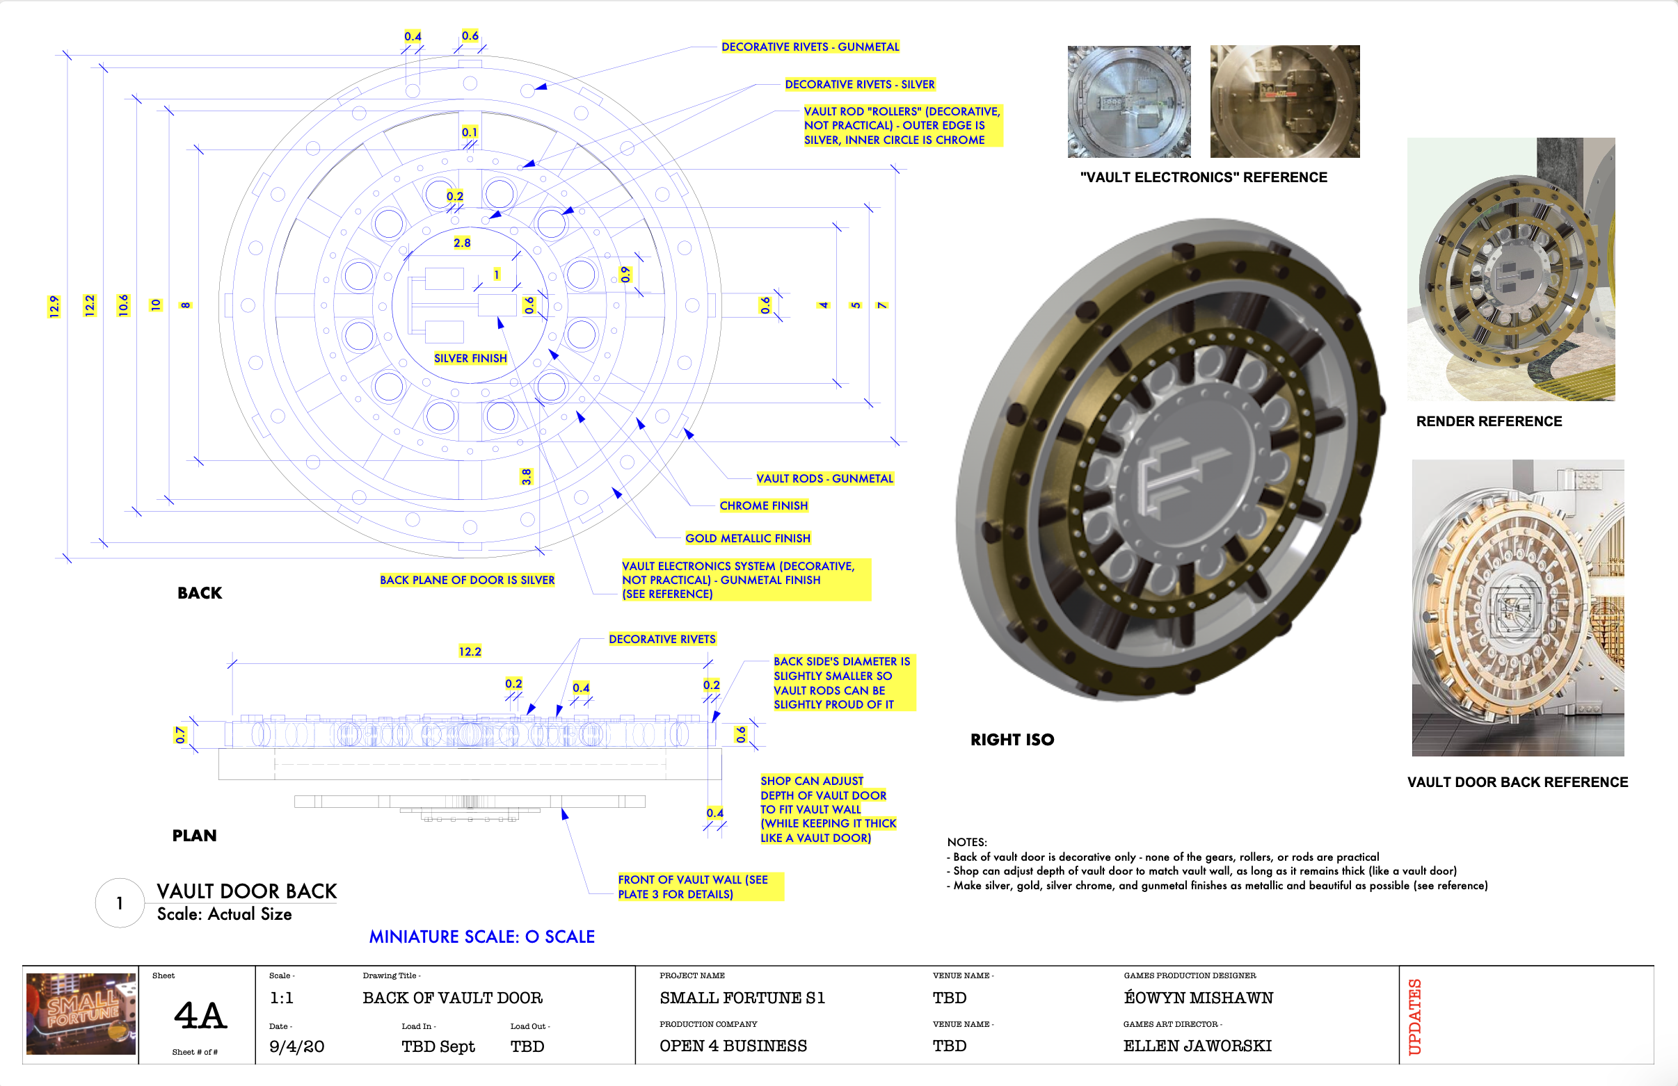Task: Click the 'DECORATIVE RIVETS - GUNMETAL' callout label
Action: coord(810,47)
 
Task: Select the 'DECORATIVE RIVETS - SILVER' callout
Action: coord(859,85)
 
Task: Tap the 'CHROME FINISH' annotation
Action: coord(764,505)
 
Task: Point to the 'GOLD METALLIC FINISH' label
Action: coord(747,538)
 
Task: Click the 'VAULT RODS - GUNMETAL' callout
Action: coord(824,478)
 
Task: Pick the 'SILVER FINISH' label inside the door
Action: coord(470,358)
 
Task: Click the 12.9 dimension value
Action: coord(54,307)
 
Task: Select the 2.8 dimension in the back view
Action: coord(462,243)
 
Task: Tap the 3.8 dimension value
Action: coord(526,476)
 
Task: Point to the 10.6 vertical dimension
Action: coord(123,305)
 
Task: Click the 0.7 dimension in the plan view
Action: coord(180,735)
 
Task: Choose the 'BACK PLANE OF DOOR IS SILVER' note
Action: coord(467,580)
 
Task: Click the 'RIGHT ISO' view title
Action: coord(1012,739)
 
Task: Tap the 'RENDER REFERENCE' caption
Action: coord(1489,421)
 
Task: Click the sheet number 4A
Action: coord(200,1016)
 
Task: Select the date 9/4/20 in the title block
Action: coord(296,1046)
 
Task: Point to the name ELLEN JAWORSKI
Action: coord(1197,1046)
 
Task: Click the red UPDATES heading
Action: coord(1414,1016)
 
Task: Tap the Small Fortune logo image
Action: coord(81,1014)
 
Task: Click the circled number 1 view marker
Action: coord(120,902)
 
